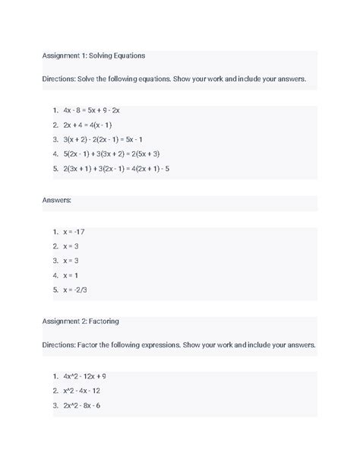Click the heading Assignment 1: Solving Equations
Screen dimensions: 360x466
[94, 55]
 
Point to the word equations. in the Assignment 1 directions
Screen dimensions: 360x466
[181, 78]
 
